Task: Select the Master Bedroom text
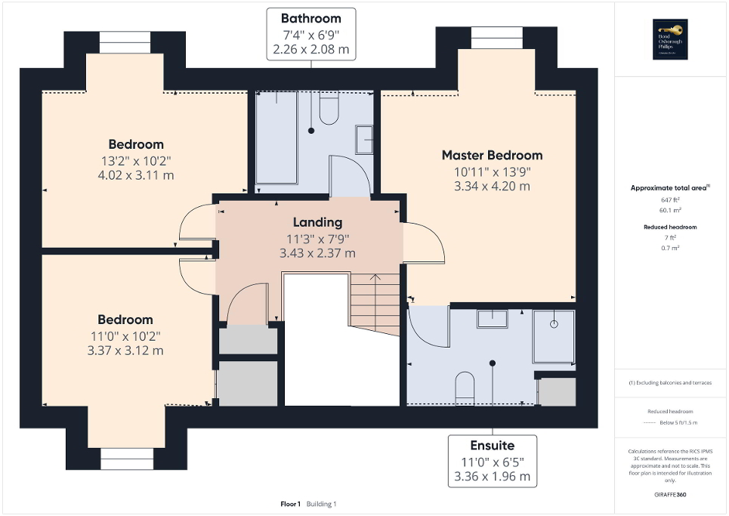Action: coord(492,155)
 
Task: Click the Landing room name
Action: coord(317,222)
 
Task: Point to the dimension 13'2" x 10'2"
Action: coord(135,160)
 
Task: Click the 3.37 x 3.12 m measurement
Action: coord(125,351)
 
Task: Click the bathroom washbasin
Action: coord(364,140)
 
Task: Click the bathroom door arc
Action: coord(350,175)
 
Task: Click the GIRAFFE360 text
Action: coord(670,494)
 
